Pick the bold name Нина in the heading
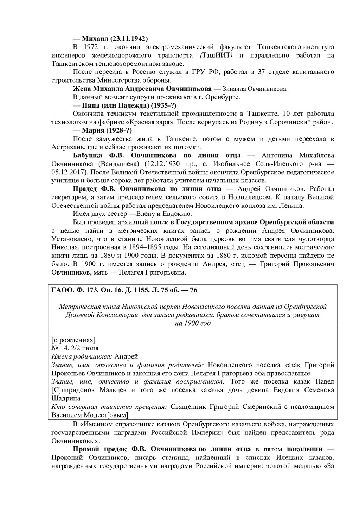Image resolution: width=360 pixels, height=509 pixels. click(x=91, y=105)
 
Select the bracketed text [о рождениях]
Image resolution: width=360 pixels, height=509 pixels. click(x=73, y=340)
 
